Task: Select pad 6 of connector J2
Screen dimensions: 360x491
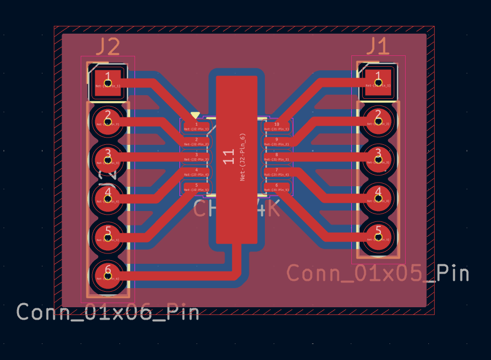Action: [x=108, y=276]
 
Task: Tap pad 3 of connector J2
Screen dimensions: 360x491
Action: [x=108, y=159]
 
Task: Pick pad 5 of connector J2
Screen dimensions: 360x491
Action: [x=108, y=237]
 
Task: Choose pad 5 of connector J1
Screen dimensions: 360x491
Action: [x=378, y=237]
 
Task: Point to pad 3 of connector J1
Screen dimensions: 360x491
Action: [x=378, y=159]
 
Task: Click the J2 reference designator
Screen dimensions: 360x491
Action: [x=108, y=47]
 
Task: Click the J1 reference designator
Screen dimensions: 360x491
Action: [x=378, y=47]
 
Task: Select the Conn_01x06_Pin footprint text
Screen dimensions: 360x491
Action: [x=108, y=312]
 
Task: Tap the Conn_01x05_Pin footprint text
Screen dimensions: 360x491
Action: [x=378, y=273]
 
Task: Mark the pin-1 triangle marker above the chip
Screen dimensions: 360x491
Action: [x=195, y=115]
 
